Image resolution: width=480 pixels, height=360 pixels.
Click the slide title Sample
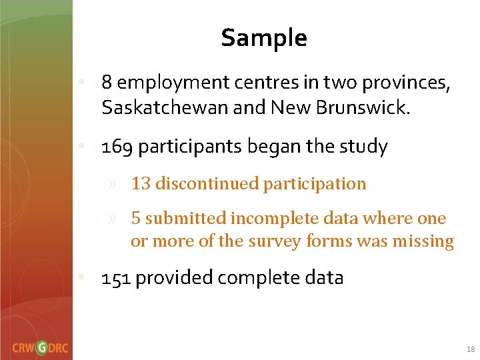pyautogui.click(x=264, y=38)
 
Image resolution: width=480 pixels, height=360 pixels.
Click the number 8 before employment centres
pyautogui.click(x=106, y=83)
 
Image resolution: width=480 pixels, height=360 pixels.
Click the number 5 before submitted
pyautogui.click(x=135, y=219)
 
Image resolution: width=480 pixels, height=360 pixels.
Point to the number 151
pyautogui.click(x=115, y=278)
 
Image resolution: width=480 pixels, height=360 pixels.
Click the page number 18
pyautogui.click(x=471, y=349)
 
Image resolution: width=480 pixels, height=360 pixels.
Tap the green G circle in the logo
pyautogui.click(x=42, y=347)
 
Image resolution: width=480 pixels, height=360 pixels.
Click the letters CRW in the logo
pyautogui.click(x=23, y=347)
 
